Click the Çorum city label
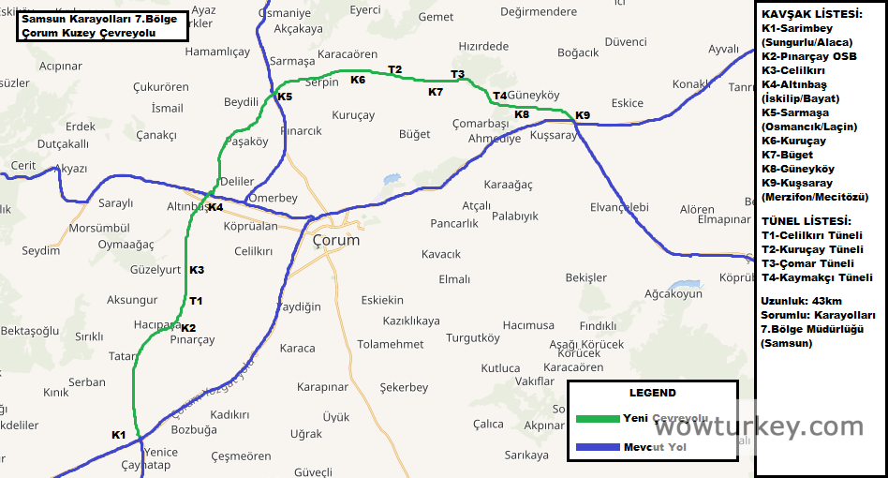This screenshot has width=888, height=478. pyautogui.click(x=335, y=240)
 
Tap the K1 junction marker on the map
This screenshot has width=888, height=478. pyautogui.click(x=118, y=435)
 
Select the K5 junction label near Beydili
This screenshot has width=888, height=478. pyautogui.click(x=285, y=97)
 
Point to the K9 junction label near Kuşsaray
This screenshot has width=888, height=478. pyautogui.click(x=583, y=115)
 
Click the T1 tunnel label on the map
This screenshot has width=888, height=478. pyautogui.click(x=196, y=301)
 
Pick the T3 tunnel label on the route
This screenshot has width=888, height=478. pyautogui.click(x=457, y=74)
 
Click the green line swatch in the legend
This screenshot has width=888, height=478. pyautogui.click(x=597, y=418)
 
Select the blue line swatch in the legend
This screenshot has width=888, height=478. pyautogui.click(x=597, y=447)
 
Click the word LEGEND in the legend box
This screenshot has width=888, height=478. pyautogui.click(x=652, y=393)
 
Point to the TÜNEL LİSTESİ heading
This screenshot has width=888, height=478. pyautogui.click(x=806, y=220)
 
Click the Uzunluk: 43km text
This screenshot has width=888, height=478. pyautogui.click(x=802, y=301)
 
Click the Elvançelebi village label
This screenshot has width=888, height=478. pyautogui.click(x=619, y=206)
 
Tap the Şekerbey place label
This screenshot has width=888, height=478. pyautogui.click(x=404, y=387)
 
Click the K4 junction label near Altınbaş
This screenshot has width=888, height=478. pyautogui.click(x=215, y=207)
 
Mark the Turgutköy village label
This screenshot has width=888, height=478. pyautogui.click(x=473, y=337)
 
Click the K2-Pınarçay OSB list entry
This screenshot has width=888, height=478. pyautogui.click(x=809, y=56)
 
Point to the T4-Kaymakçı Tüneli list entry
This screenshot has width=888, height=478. pyautogui.click(x=817, y=277)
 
